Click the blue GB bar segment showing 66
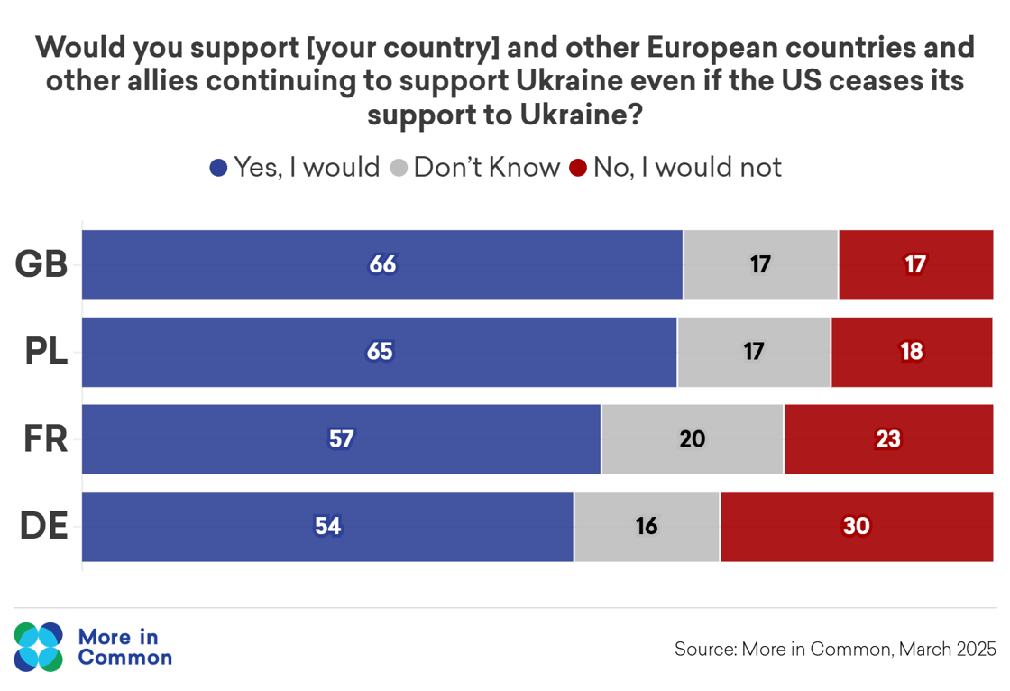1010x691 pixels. pos(382,264)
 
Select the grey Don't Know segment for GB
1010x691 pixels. pos(760,264)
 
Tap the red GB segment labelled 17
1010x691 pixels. pos(915,264)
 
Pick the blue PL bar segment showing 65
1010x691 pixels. pos(380,352)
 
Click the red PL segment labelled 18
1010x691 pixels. pos(912,352)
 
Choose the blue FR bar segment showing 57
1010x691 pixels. pos(341,439)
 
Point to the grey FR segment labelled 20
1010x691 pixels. pos(692,439)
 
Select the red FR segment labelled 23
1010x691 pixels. pos(888,439)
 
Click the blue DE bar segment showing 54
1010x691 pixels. pos(327,527)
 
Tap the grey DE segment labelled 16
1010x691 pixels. pos(647,527)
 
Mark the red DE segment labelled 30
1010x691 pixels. pos(856,527)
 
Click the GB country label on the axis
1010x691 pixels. pos(42,264)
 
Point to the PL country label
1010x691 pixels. pos(45,352)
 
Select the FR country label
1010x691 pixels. pos(45,439)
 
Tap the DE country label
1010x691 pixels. pos(44,527)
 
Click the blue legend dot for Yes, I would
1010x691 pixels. pos(218,169)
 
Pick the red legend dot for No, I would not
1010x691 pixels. pos(578,169)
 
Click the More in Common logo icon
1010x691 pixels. pos(39,647)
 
